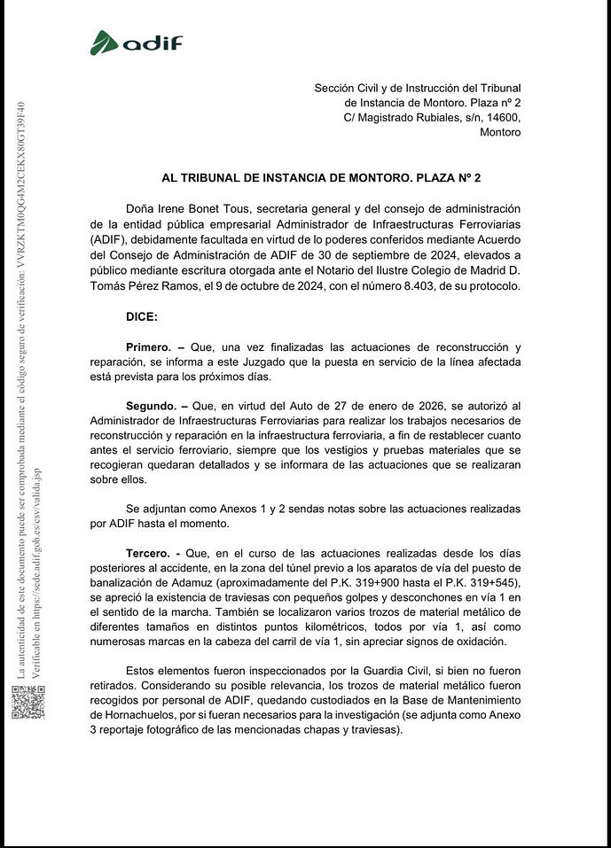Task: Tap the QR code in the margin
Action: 27,702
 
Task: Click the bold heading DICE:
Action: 142,315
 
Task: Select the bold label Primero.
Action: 148,346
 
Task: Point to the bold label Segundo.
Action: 151,405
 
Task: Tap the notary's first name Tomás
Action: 109,286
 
